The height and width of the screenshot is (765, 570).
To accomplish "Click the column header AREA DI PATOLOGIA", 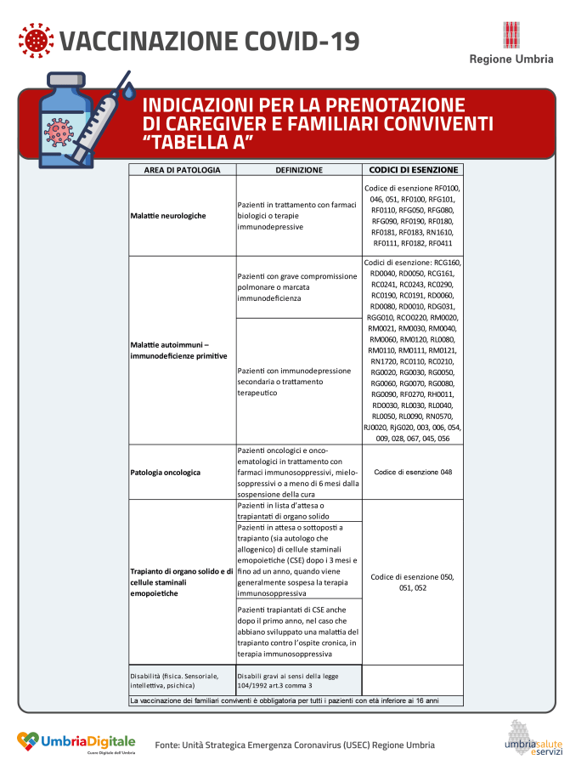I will tap(182, 170).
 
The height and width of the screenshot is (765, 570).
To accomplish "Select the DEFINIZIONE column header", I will tap(298, 170).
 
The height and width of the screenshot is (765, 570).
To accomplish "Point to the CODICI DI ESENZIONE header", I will tap(414, 169).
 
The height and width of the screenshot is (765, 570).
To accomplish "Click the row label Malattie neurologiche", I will tap(168, 216).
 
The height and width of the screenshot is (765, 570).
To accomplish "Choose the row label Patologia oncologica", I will tap(166, 471).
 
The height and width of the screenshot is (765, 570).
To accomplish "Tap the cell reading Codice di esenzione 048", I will tap(413, 472).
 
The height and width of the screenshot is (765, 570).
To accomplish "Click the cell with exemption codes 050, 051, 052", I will tap(413, 582).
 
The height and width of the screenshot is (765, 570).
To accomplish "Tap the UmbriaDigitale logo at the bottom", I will tap(76, 743).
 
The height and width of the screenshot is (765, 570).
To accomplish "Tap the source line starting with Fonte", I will tap(295, 745).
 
